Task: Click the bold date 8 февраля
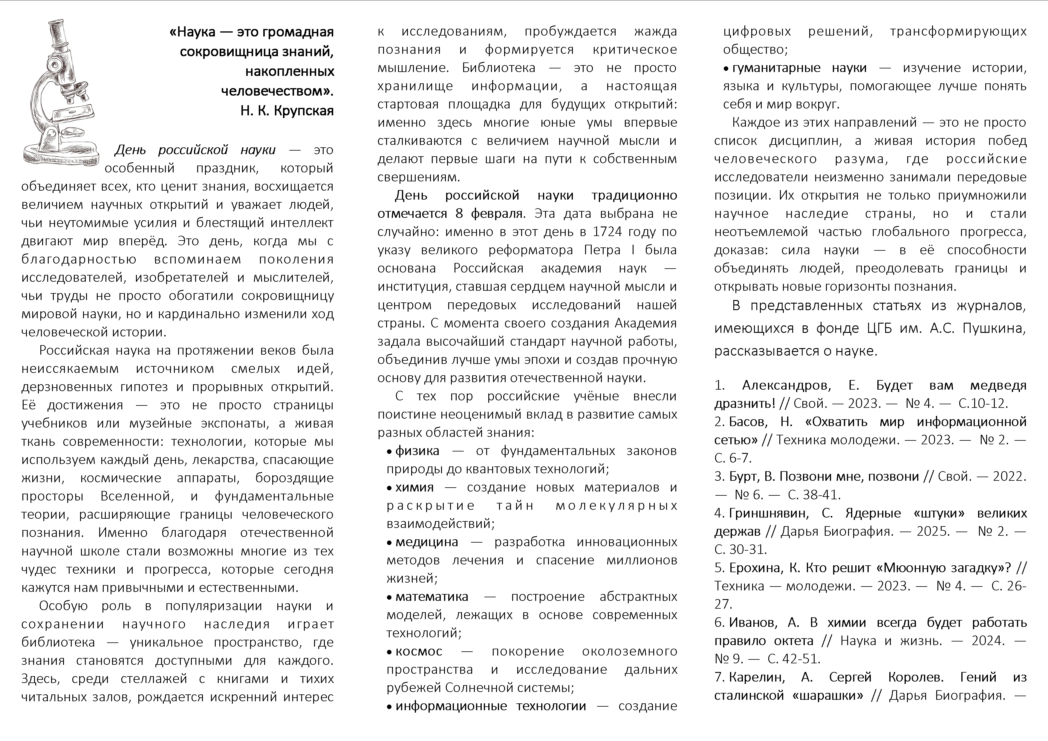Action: click(490, 214)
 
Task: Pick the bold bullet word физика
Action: click(417, 451)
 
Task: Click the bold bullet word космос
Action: click(419, 652)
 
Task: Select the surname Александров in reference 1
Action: click(787, 385)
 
